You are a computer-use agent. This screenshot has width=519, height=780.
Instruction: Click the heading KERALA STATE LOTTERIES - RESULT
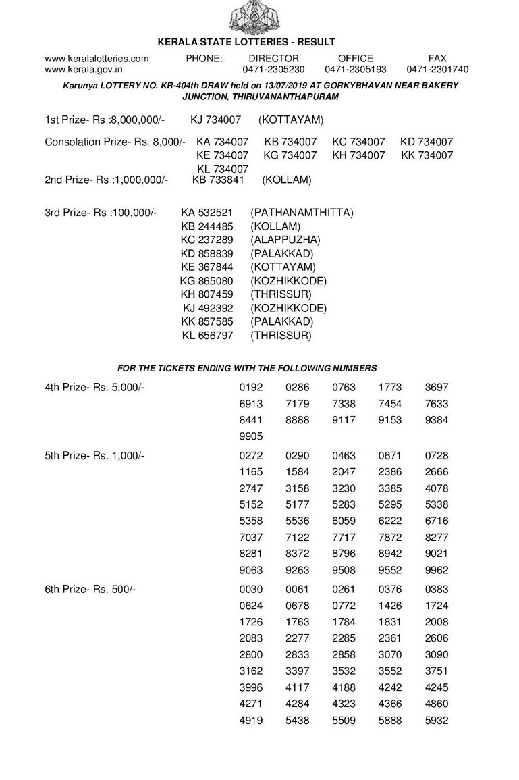tap(246, 42)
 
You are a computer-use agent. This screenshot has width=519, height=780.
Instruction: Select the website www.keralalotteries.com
tap(97, 59)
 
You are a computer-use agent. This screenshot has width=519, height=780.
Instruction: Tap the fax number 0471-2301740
tap(437, 69)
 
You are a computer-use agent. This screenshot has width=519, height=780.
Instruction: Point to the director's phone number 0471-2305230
tap(273, 69)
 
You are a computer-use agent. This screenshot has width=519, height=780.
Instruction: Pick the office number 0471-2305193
tap(356, 69)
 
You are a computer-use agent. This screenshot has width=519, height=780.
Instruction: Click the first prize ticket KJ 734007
tap(215, 120)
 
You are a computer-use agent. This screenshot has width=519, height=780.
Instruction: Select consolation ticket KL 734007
tap(223, 169)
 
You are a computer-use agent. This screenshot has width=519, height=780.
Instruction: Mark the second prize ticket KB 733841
tap(217, 180)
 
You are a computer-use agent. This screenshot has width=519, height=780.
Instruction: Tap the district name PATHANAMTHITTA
tap(302, 213)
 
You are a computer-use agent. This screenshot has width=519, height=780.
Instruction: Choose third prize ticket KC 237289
tap(207, 240)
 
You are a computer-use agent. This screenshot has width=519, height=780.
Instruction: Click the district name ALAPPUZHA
tap(285, 240)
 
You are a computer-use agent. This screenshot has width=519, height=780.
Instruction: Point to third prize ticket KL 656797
tap(207, 335)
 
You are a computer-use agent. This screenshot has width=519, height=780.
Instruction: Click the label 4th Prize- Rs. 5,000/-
tap(94, 388)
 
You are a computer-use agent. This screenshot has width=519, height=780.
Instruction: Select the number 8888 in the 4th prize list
tap(297, 420)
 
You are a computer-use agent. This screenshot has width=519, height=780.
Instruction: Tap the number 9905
tap(251, 436)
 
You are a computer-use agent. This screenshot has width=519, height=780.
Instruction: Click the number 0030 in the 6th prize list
tap(251, 590)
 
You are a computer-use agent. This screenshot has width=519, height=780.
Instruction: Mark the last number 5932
tap(437, 721)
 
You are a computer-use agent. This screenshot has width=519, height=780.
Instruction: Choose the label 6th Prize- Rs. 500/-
tap(90, 590)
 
